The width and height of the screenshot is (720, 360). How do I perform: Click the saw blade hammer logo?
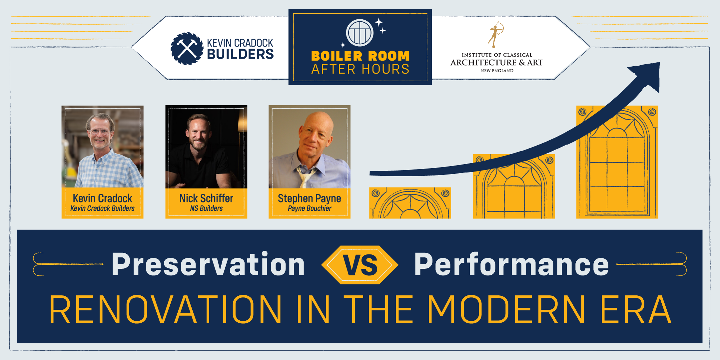click(187, 49)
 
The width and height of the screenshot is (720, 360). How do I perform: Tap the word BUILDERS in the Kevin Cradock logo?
click(240, 54)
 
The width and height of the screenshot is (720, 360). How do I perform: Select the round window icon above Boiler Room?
click(360, 33)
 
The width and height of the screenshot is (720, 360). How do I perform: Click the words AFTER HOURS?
click(360, 69)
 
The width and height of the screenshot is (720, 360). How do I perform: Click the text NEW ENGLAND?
click(497, 71)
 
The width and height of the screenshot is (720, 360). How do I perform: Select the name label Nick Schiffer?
click(206, 198)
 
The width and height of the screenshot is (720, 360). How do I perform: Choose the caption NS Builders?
click(206, 208)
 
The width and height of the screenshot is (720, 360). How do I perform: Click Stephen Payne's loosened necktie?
click(305, 176)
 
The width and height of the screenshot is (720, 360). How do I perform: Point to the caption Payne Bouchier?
click(310, 208)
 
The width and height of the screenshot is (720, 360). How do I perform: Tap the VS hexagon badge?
click(360, 265)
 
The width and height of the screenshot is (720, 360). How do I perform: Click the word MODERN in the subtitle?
click(506, 309)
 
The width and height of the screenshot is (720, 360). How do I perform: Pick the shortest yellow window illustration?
click(410, 203)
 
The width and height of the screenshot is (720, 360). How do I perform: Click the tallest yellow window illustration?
click(617, 162)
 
